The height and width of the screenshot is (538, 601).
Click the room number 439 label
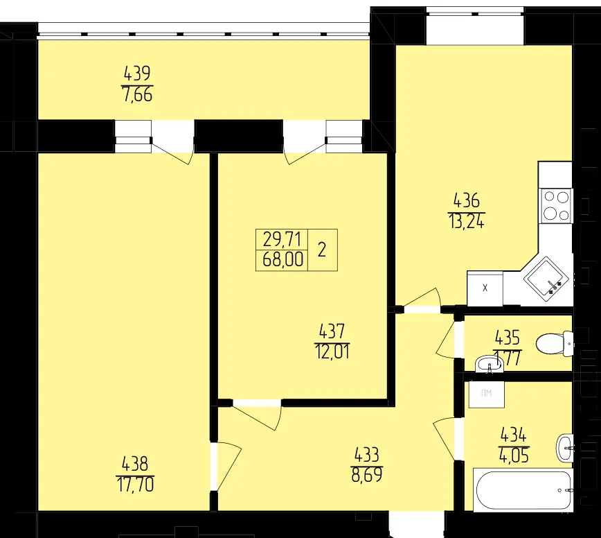click(137, 73)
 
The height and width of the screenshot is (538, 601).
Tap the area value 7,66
click(137, 94)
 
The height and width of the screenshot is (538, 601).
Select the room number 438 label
click(135, 464)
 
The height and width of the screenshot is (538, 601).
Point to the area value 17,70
click(135, 485)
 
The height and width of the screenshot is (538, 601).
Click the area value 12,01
click(332, 352)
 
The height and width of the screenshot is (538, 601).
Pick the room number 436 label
click(466, 200)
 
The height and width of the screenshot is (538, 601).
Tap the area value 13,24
click(466, 221)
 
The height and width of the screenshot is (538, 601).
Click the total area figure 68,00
click(283, 260)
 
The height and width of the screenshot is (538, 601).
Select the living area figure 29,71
click(282, 240)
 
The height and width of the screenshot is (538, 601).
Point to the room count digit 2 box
click(323, 250)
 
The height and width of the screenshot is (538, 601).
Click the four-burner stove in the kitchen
click(556, 206)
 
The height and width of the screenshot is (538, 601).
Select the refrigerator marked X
click(485, 288)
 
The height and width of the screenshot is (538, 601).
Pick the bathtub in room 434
click(523, 489)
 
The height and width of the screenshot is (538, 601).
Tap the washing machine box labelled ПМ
click(486, 394)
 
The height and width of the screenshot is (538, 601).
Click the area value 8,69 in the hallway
click(367, 475)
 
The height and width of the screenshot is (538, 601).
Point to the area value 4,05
click(514, 456)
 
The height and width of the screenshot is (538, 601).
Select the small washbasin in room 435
click(489, 364)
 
